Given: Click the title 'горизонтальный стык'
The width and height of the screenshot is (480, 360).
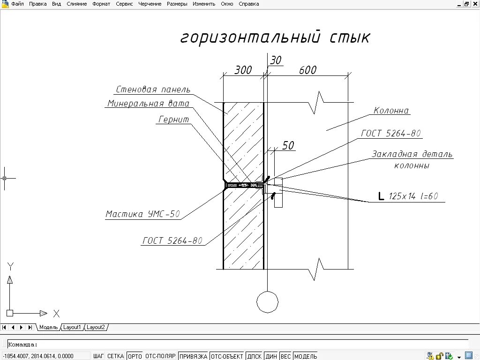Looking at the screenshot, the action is (x=275, y=37).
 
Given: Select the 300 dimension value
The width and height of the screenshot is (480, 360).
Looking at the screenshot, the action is (x=243, y=70).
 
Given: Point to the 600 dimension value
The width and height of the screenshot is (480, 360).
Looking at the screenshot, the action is (x=307, y=70).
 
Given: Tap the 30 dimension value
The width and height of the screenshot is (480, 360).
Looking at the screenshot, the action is (x=276, y=60).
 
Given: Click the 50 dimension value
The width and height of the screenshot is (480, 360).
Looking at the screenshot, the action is (x=288, y=146).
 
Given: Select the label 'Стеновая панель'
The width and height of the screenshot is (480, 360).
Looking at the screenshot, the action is (x=153, y=90).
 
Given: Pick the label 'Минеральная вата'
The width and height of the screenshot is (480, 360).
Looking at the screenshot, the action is (x=148, y=104).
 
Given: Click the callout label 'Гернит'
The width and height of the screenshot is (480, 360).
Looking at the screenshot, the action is (x=173, y=120).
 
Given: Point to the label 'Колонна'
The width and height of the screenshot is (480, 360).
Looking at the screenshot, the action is (x=391, y=111).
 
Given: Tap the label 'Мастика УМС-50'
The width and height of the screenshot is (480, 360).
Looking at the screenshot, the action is (x=142, y=214).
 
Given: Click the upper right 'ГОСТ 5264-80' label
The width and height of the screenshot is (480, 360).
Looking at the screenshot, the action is (x=391, y=134).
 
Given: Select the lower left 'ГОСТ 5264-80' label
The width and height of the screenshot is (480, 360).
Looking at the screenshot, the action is (x=172, y=241).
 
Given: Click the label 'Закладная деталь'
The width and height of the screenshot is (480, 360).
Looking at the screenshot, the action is (x=412, y=154).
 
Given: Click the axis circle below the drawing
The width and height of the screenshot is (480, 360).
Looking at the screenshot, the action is (x=267, y=301).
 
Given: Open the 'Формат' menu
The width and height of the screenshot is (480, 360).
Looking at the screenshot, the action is (x=101, y=4).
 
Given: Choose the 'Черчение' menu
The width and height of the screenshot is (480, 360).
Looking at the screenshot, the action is (x=150, y=4).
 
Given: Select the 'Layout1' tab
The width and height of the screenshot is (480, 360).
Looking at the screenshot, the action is (x=72, y=327).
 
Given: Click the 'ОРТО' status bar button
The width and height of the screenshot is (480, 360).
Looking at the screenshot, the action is (x=135, y=356).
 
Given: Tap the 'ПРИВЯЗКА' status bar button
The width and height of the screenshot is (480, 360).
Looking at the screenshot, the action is (x=193, y=356).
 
